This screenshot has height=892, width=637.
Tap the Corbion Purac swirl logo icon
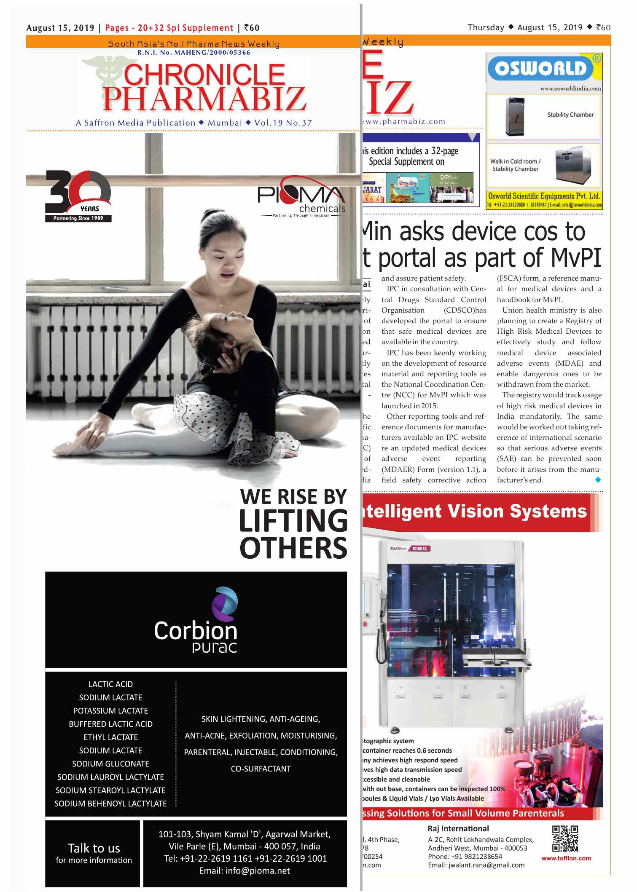pos(225,603)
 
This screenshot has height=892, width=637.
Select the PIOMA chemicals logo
pos(301,196)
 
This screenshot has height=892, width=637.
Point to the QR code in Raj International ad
pos(565,838)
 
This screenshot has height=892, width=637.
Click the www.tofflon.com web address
pos(566,858)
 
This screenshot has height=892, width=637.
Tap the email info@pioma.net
pos(245,871)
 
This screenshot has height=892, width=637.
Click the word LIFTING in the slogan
pos(293,521)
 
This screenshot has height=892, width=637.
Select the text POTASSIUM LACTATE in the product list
pos(110,711)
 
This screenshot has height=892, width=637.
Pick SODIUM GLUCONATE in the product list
pos(110,764)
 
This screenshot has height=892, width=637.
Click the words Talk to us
pos(94,848)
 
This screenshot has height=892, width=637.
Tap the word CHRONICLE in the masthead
pos(204,75)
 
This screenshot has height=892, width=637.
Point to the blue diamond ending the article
pos(598,480)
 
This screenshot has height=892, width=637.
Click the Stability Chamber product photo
pos(515,116)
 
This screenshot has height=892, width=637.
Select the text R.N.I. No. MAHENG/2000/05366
pos(194,53)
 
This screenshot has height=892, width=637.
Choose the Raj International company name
pos(458,829)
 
